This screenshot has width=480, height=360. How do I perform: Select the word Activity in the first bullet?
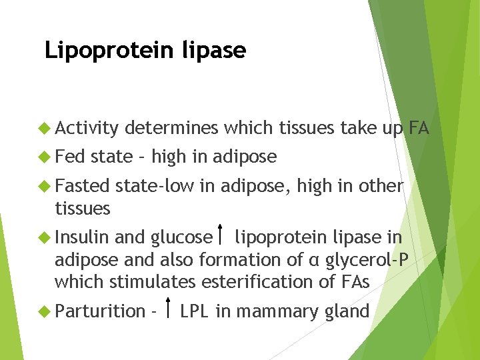(86, 127)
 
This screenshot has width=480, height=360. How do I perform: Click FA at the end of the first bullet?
(419, 127)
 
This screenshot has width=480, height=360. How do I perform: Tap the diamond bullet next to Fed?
(45, 157)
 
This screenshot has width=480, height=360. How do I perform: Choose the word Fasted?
(82, 185)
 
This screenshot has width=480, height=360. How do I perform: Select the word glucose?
(181, 237)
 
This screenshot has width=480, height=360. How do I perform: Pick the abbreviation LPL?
(194, 311)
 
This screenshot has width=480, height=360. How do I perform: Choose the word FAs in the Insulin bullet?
(354, 281)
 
